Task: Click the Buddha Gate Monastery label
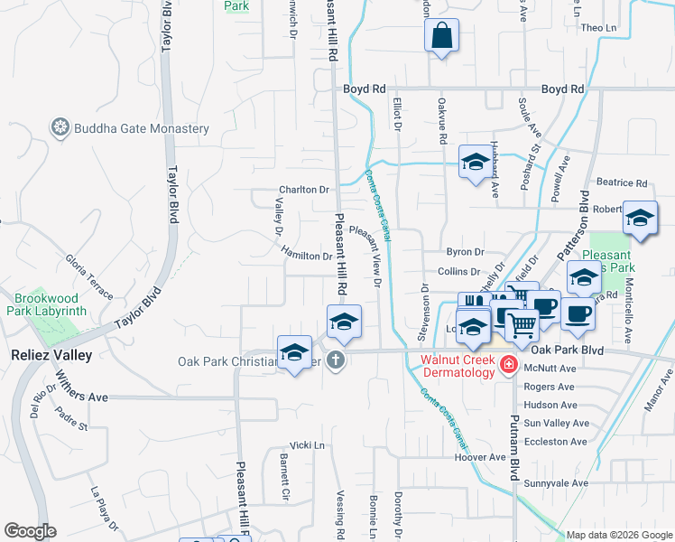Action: coord(143,128)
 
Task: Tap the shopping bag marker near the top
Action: coord(441,37)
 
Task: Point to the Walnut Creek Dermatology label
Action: coord(458,366)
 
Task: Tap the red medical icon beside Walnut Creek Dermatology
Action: coord(509,365)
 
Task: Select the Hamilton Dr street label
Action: coord(306,256)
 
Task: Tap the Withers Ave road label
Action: coord(81,397)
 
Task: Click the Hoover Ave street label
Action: coord(480,457)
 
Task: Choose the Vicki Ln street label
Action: coord(307,445)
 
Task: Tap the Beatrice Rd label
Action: coord(628,182)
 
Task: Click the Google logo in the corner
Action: coord(30,531)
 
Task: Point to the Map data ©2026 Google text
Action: coord(617,535)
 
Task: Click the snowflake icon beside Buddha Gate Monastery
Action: coord(60,127)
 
